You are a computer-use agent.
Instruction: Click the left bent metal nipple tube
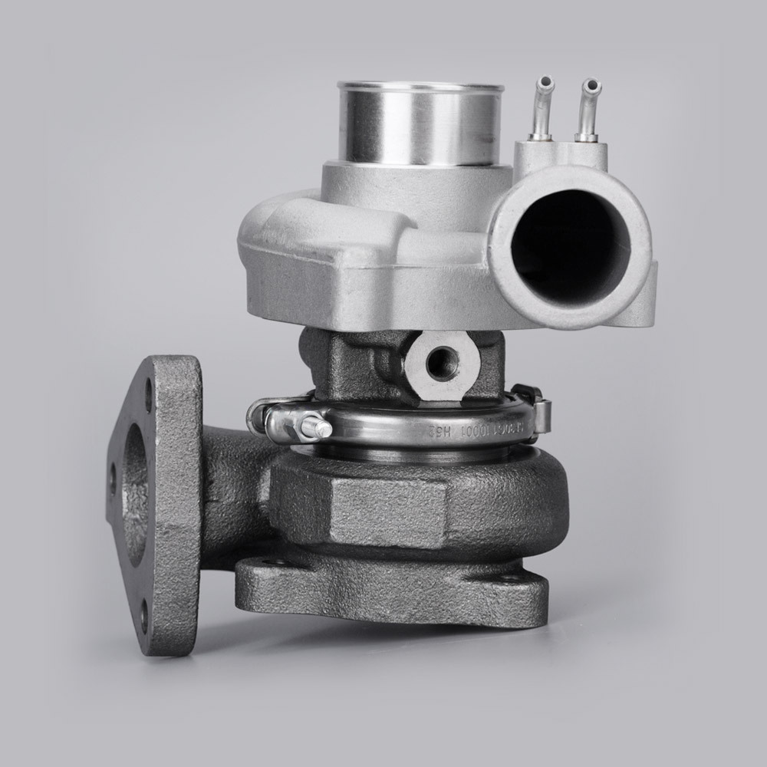point(543,107)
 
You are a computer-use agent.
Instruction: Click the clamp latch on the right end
point(537,414)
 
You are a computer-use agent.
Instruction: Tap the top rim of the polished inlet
point(420,86)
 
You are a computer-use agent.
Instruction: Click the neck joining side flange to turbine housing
point(230,491)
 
